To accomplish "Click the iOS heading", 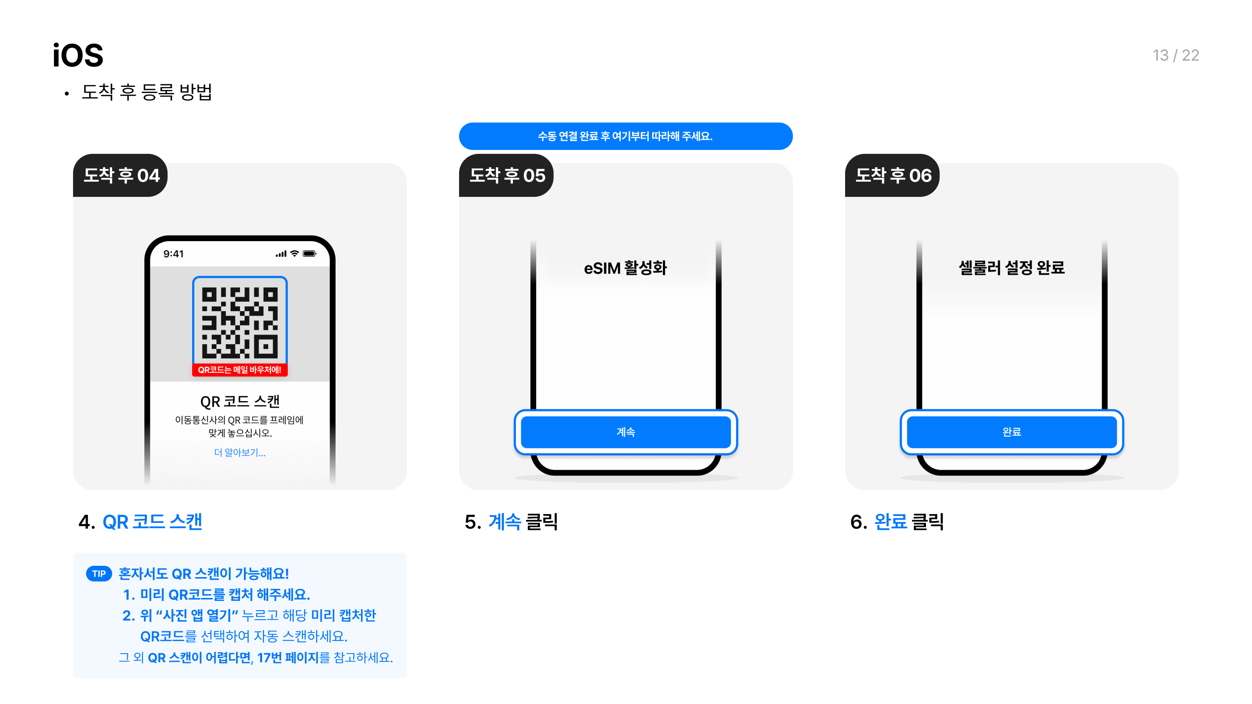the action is point(78,55).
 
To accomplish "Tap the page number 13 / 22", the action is point(1175,55).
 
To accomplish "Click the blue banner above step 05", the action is point(626,136).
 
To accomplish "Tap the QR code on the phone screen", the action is point(240,322).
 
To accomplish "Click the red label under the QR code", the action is point(240,370).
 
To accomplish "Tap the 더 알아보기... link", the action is point(240,452).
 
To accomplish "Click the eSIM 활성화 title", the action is point(626,268).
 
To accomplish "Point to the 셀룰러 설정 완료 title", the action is point(1012,268).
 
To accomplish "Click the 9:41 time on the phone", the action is point(173,254).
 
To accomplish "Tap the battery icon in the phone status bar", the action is point(310,254).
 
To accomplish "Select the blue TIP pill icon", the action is point(99,573).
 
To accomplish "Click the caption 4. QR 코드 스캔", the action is point(140,522).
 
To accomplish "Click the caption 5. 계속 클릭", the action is point(511,522).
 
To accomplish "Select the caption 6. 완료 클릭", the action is point(897,522).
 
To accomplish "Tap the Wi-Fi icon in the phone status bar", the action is point(295,254).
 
